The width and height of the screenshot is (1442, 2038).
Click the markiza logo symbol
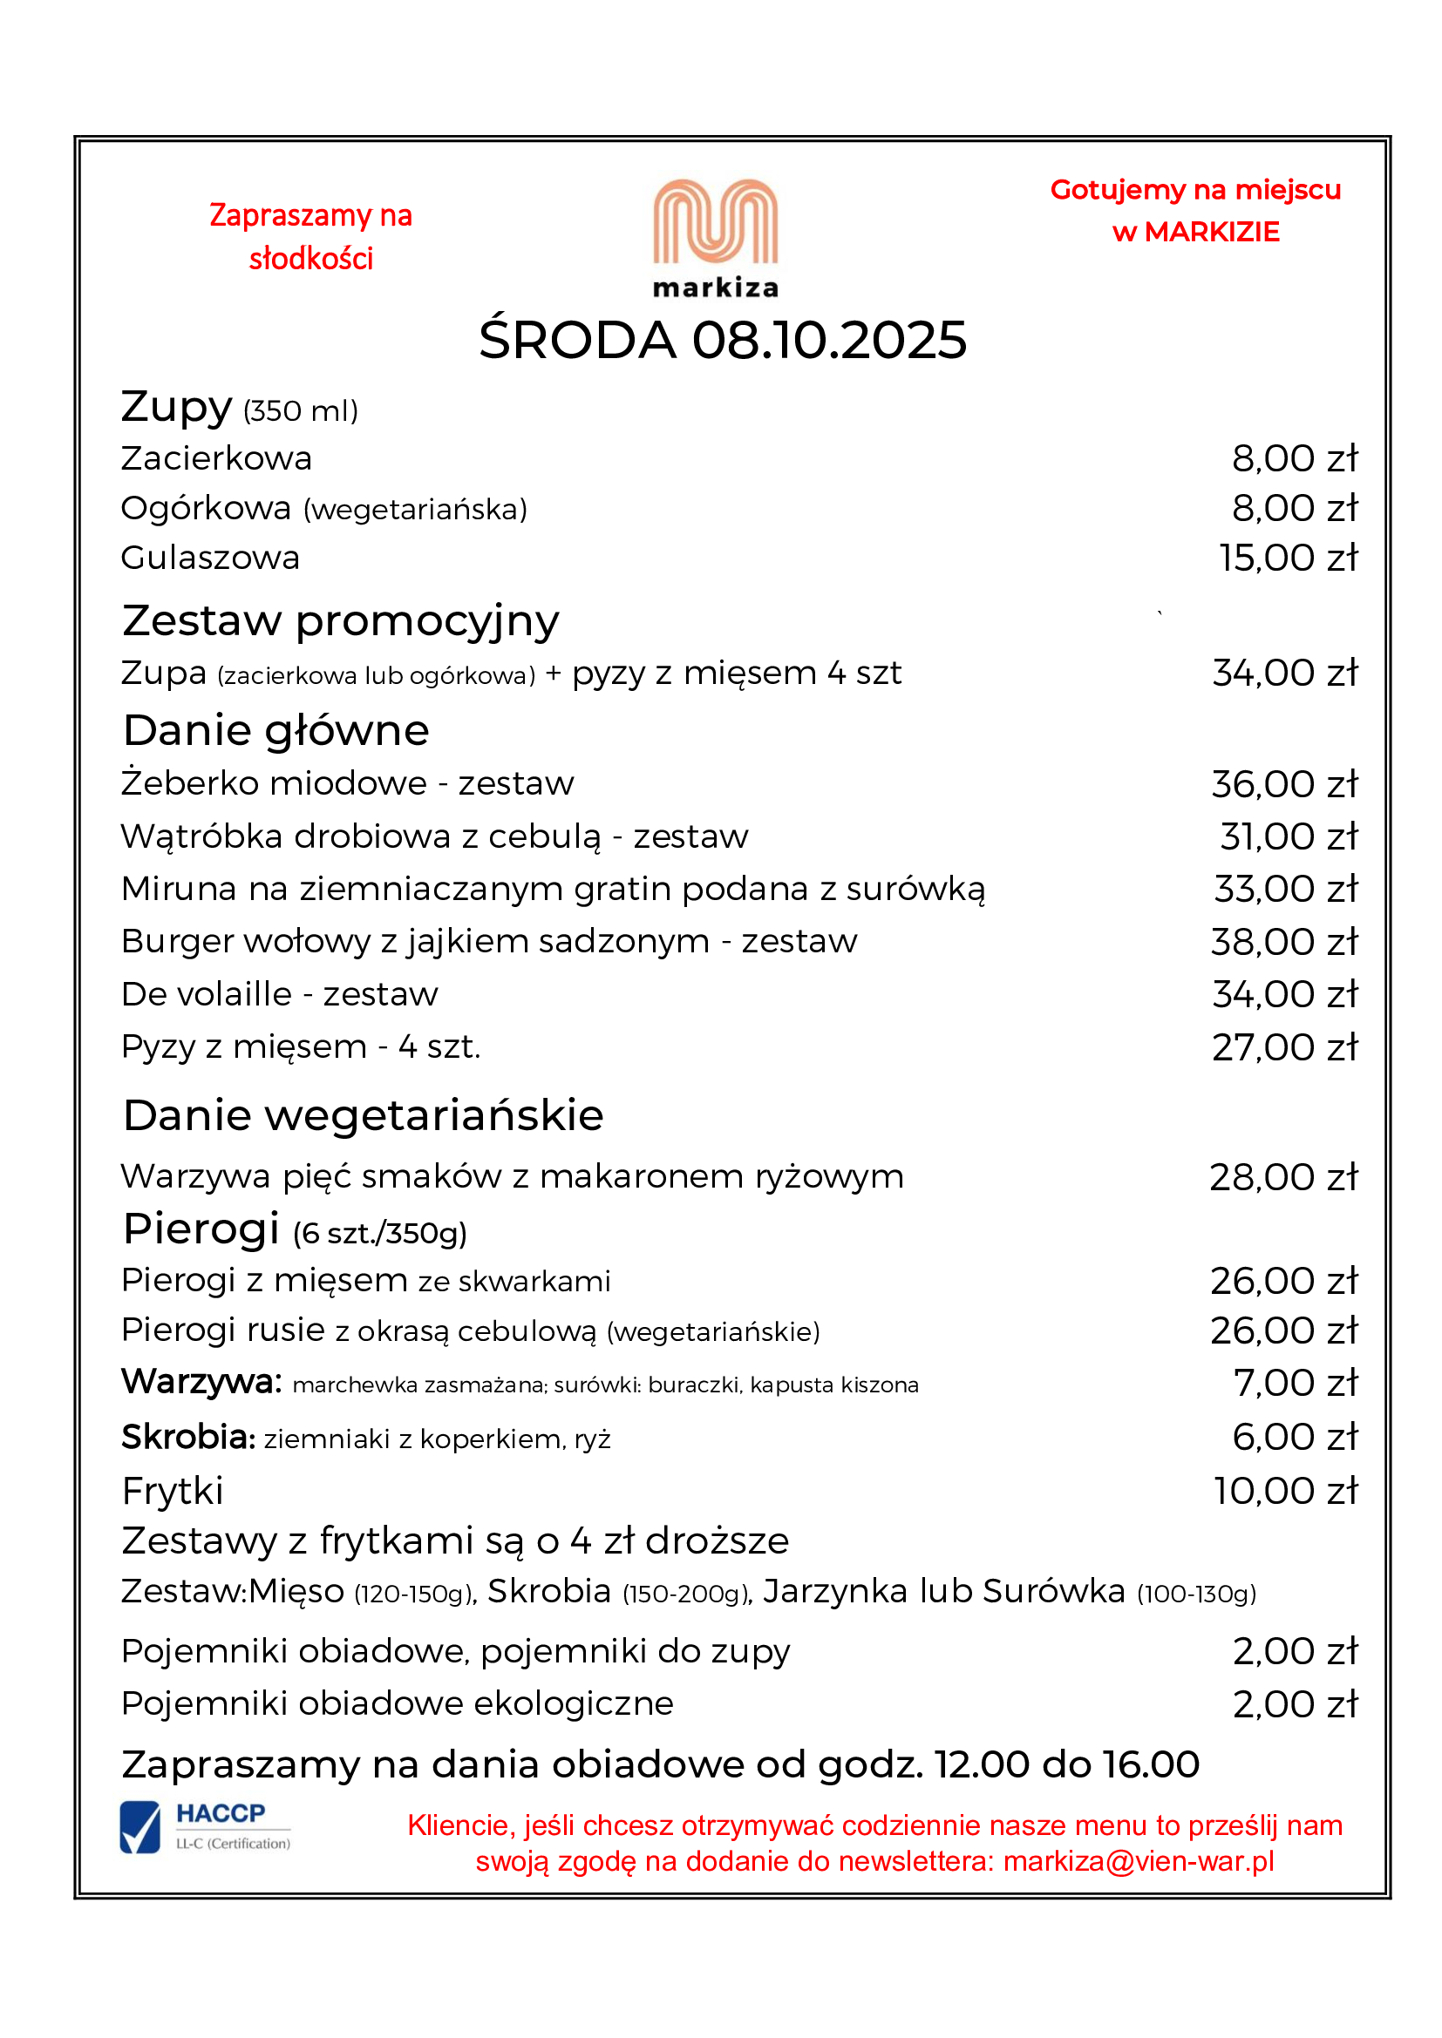pyautogui.click(x=715, y=222)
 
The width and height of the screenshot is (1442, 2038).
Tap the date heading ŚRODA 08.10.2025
pyautogui.click(x=722, y=340)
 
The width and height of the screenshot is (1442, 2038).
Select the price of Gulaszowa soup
pyautogui.click(x=1288, y=559)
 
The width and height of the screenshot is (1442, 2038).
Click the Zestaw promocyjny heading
pyautogui.click(x=341, y=620)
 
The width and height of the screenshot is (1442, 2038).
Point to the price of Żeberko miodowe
pyautogui.click(x=1284, y=785)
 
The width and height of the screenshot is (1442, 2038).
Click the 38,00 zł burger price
pyautogui.click(x=1284, y=942)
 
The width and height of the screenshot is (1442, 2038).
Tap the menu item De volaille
pyautogui.click(x=206, y=994)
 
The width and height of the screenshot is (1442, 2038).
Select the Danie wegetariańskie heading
pyautogui.click(x=364, y=1115)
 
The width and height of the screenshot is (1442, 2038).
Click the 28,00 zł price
pyautogui.click(x=1283, y=1178)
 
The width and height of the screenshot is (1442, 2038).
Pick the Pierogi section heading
pyautogui.click(x=201, y=1229)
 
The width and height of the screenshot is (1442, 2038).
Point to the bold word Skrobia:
pyautogui.click(x=188, y=1437)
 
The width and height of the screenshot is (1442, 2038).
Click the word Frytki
pyautogui.click(x=173, y=1491)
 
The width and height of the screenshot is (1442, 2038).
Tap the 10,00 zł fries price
pyautogui.click(x=1286, y=1491)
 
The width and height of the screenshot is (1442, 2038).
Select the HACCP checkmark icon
pyautogui.click(x=140, y=1828)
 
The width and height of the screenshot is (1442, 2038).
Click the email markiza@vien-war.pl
pyautogui.click(x=1139, y=1861)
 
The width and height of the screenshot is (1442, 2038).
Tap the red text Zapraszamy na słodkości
pyautogui.click(x=310, y=237)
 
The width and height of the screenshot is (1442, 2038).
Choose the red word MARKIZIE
pyautogui.click(x=1211, y=233)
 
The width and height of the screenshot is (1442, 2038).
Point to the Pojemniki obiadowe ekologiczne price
pyautogui.click(x=1295, y=1704)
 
